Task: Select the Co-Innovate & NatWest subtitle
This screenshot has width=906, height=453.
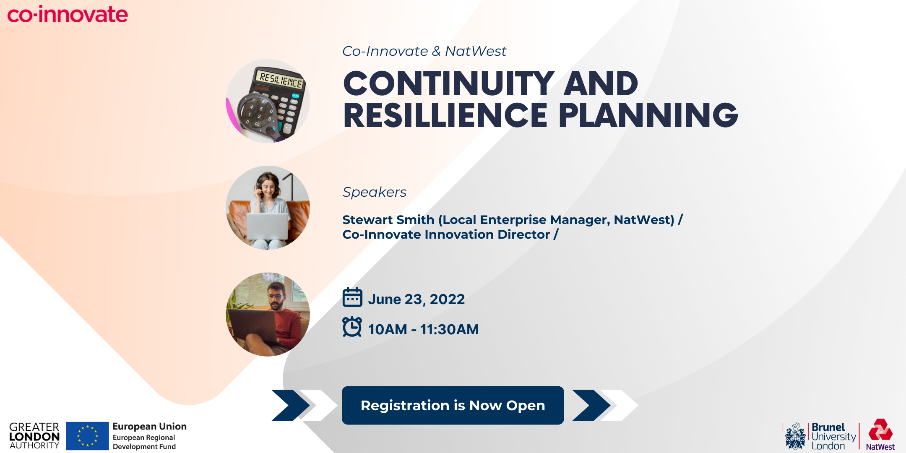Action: point(424,51)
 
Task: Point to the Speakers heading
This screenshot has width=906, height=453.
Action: point(375,192)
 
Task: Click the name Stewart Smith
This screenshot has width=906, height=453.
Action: point(388,220)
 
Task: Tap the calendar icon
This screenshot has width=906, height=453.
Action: point(352,297)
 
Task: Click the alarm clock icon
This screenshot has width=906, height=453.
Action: point(352,327)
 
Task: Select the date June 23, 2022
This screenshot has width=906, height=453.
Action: point(417,299)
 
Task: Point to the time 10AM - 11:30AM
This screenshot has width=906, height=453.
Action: point(424,330)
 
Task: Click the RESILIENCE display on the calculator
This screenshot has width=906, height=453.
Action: point(281,79)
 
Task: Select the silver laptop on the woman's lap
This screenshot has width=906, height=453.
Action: point(267,226)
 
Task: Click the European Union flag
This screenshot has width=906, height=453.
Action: point(88,436)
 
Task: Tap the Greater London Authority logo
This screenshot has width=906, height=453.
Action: point(34,436)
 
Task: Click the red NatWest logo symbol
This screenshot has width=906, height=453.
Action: point(880,430)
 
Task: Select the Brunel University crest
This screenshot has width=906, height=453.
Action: point(795,436)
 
